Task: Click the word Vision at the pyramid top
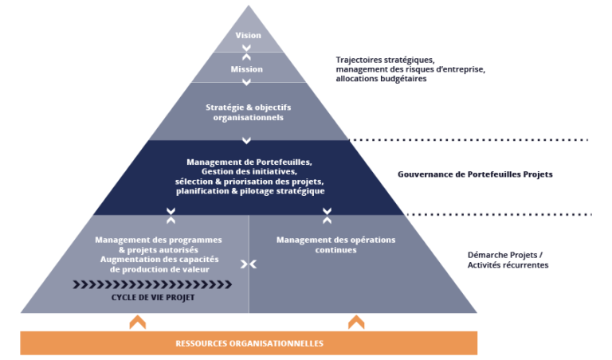248,36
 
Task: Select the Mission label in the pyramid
247,69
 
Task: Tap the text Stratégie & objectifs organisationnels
249,112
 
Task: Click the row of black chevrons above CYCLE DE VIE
152,284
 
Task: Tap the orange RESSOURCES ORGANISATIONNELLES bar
249,343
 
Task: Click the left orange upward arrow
138,322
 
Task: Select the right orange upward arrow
356,322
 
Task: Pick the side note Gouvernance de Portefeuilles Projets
475,174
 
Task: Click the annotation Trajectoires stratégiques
385,60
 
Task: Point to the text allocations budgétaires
381,79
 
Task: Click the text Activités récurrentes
508,265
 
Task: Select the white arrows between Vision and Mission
248,53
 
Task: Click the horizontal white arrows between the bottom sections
249,264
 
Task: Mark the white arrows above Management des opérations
327,215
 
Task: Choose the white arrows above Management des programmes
171,215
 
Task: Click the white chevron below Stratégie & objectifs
248,140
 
